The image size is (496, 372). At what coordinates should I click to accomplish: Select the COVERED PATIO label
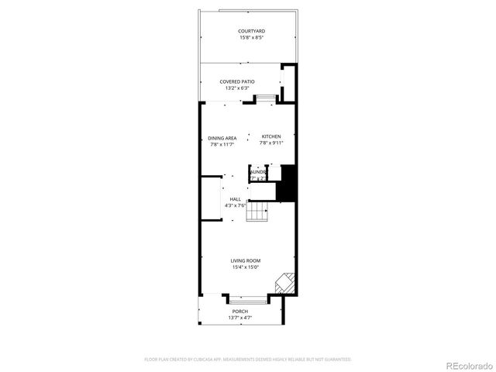(x=236, y=81)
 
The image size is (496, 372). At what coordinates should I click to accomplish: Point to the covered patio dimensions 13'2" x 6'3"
(x=236, y=88)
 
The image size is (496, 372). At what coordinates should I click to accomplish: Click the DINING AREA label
(x=222, y=138)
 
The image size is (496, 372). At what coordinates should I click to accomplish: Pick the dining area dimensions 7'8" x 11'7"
(x=222, y=144)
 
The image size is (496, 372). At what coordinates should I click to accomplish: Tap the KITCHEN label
(x=270, y=137)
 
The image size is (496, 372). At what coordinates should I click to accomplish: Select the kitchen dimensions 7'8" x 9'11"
(x=270, y=143)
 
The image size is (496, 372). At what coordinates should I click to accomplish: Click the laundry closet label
(x=258, y=172)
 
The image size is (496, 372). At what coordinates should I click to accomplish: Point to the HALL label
(x=235, y=199)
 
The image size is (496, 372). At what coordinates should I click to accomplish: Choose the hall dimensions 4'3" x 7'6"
(x=235, y=205)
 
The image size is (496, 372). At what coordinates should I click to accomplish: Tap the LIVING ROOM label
(x=245, y=260)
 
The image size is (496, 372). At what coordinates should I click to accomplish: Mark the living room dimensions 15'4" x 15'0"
(x=245, y=267)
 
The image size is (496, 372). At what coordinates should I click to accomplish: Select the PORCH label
(x=240, y=312)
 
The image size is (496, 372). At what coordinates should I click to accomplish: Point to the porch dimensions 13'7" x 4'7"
(x=240, y=318)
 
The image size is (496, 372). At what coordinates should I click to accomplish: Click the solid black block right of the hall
(x=288, y=184)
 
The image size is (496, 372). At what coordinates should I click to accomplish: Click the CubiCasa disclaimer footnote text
(x=248, y=360)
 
